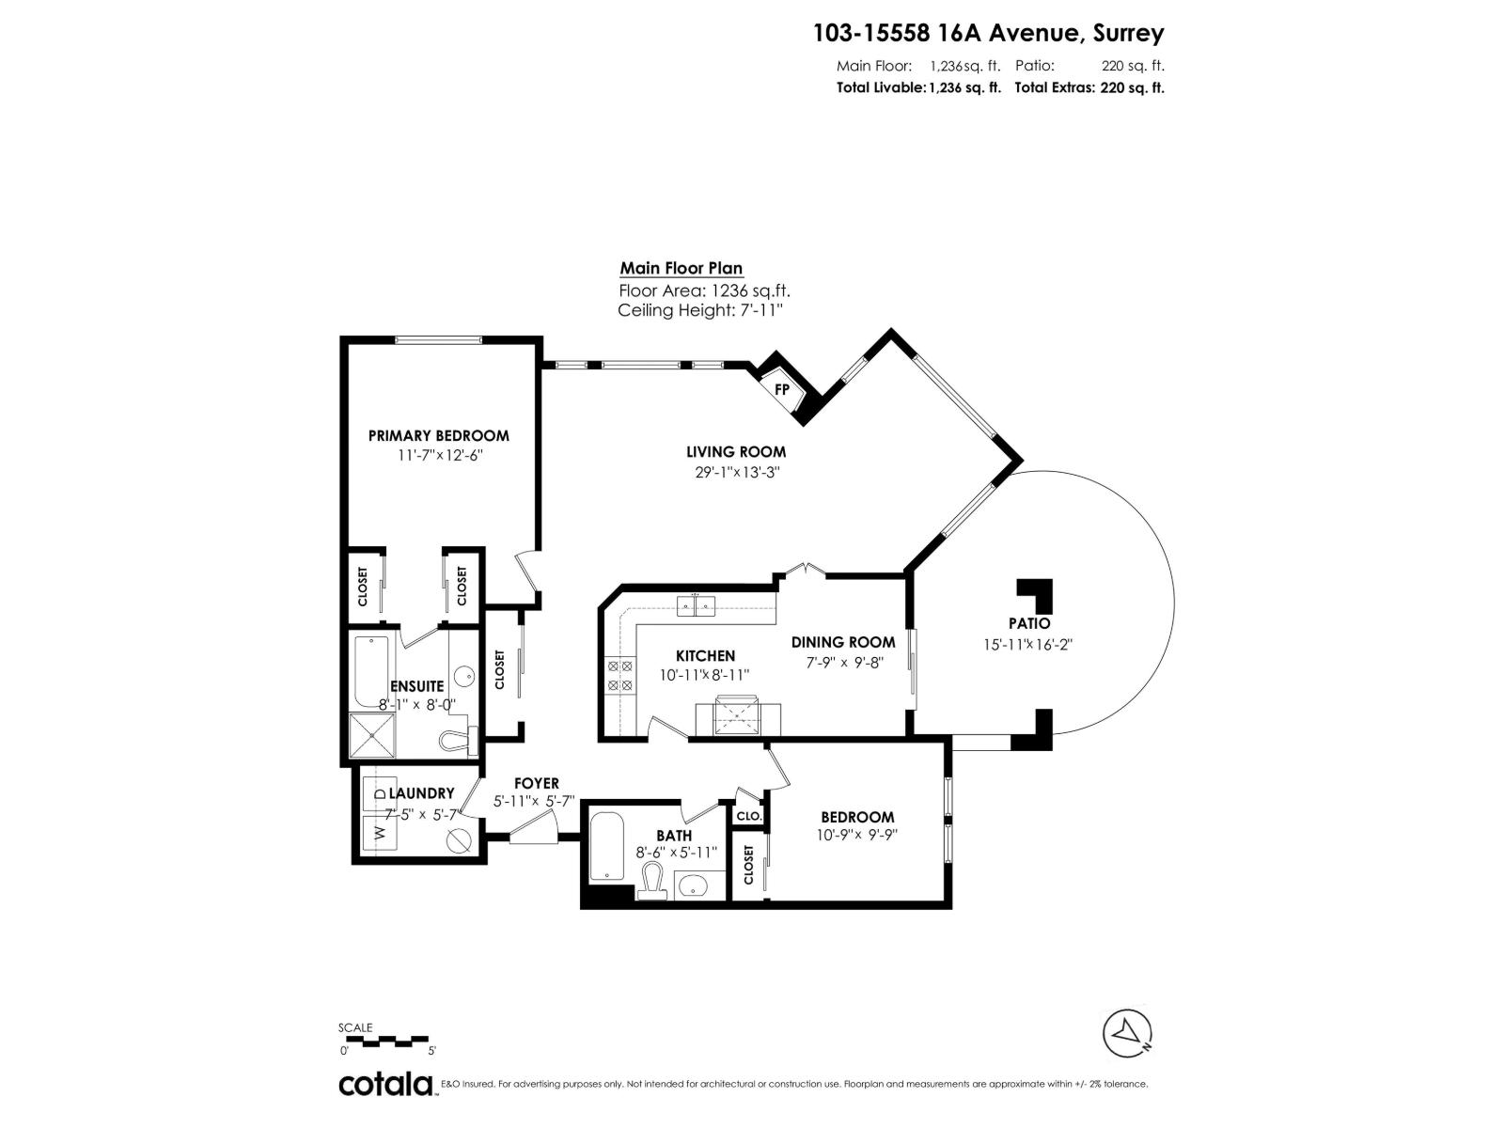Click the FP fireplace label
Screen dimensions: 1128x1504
click(781, 389)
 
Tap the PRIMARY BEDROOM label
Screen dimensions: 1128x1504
click(438, 435)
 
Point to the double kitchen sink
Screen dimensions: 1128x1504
click(696, 606)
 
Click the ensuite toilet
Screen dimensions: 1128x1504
click(460, 740)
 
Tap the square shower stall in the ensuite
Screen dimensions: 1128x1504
click(373, 736)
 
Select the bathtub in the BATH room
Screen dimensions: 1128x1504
click(605, 847)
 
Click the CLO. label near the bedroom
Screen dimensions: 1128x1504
click(748, 816)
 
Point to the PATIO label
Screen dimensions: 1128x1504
click(1029, 623)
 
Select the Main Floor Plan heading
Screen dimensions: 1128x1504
click(681, 268)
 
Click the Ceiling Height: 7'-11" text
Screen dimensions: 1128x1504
click(700, 310)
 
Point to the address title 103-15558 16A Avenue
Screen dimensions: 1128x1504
click(988, 33)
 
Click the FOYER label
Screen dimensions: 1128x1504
click(536, 783)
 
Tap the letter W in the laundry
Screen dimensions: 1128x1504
click(380, 832)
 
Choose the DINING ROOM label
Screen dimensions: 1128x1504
click(843, 642)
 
